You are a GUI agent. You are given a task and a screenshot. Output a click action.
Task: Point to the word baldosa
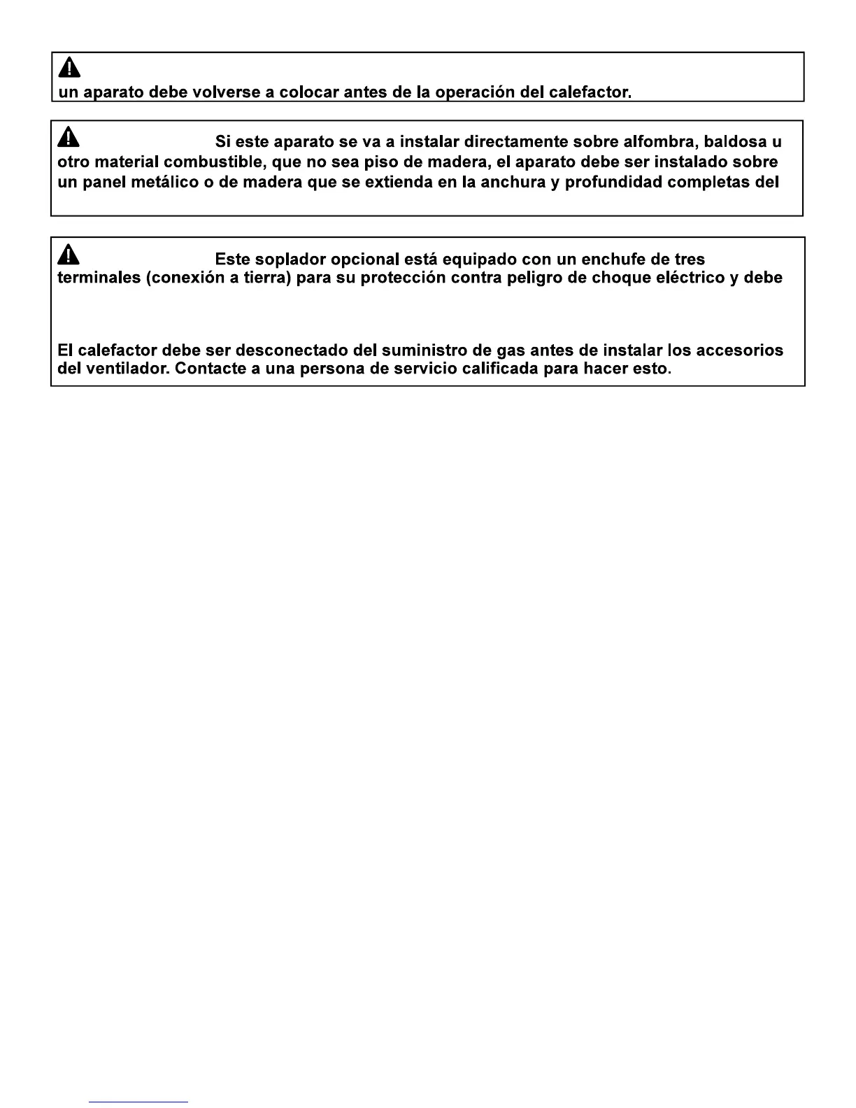tap(735, 142)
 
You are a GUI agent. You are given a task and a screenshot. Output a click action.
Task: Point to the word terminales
tap(99, 278)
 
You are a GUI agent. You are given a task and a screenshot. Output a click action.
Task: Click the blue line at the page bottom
tap(139, 1102)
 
